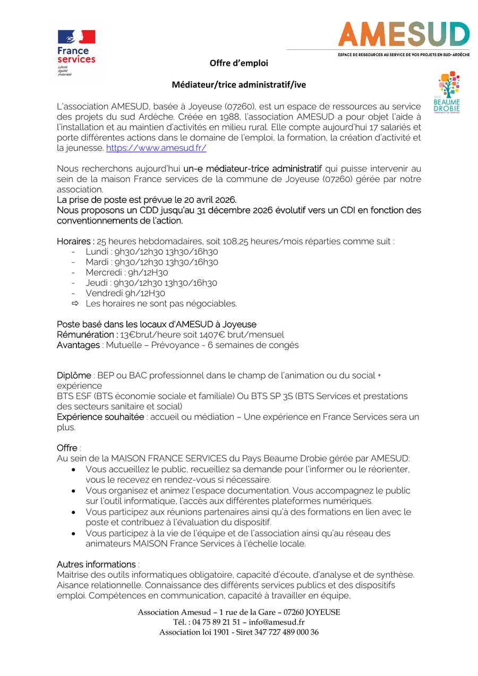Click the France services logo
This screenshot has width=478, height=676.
[x=76, y=52]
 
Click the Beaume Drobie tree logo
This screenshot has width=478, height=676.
[x=447, y=91]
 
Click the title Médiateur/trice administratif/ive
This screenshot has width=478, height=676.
[x=238, y=85]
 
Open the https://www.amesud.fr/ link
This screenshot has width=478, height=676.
[x=156, y=148]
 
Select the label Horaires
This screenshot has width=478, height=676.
[x=75, y=241]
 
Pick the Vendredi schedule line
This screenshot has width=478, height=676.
[x=125, y=293]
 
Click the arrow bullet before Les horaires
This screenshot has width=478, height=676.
[x=75, y=304]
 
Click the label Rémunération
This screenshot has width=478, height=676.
[x=87, y=335]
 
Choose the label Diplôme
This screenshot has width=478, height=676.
[x=74, y=375]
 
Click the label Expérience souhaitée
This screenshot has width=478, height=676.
[x=100, y=417]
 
